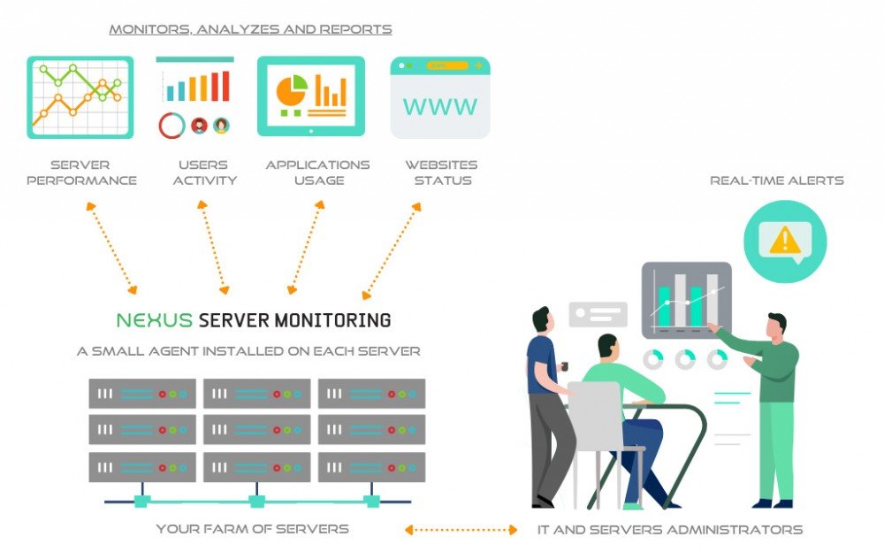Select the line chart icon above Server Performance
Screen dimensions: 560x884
(80, 97)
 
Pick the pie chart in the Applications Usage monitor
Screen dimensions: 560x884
(291, 89)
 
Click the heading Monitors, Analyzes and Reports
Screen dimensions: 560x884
(250, 29)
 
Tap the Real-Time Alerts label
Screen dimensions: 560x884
(777, 180)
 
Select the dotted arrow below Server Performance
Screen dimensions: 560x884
(110, 247)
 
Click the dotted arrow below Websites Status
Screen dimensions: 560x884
(391, 250)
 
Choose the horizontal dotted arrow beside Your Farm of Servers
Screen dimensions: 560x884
(461, 530)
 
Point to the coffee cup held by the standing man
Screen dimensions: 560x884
(563, 366)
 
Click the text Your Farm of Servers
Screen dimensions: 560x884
(253, 529)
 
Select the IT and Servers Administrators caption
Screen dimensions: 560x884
(670, 530)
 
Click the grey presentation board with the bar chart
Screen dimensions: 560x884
(687, 300)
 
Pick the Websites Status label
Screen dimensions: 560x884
(441, 173)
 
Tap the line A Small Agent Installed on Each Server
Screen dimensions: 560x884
(248, 351)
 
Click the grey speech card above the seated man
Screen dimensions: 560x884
(598, 315)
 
